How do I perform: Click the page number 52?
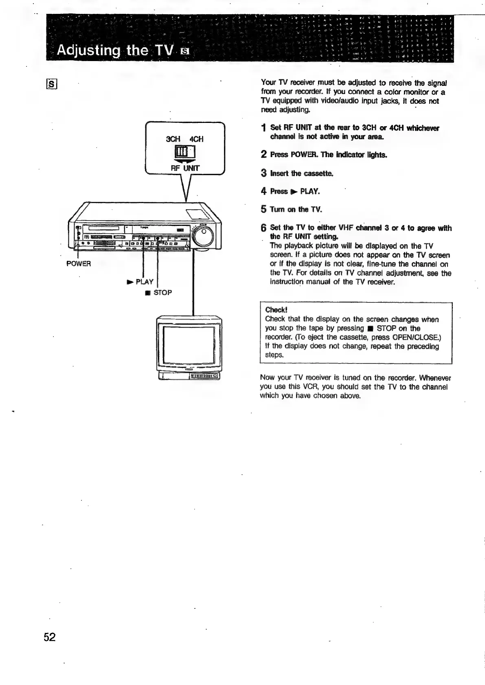coord(49,637)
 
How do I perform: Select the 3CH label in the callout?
coord(173,139)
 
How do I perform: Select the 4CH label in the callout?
coord(196,139)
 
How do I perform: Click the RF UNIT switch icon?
coord(185,153)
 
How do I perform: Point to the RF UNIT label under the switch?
coord(185,168)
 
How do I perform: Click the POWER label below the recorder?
coord(79,264)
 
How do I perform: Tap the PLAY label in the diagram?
coord(144,282)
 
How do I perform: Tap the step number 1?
coord(264,128)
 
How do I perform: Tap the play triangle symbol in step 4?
coord(293,192)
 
